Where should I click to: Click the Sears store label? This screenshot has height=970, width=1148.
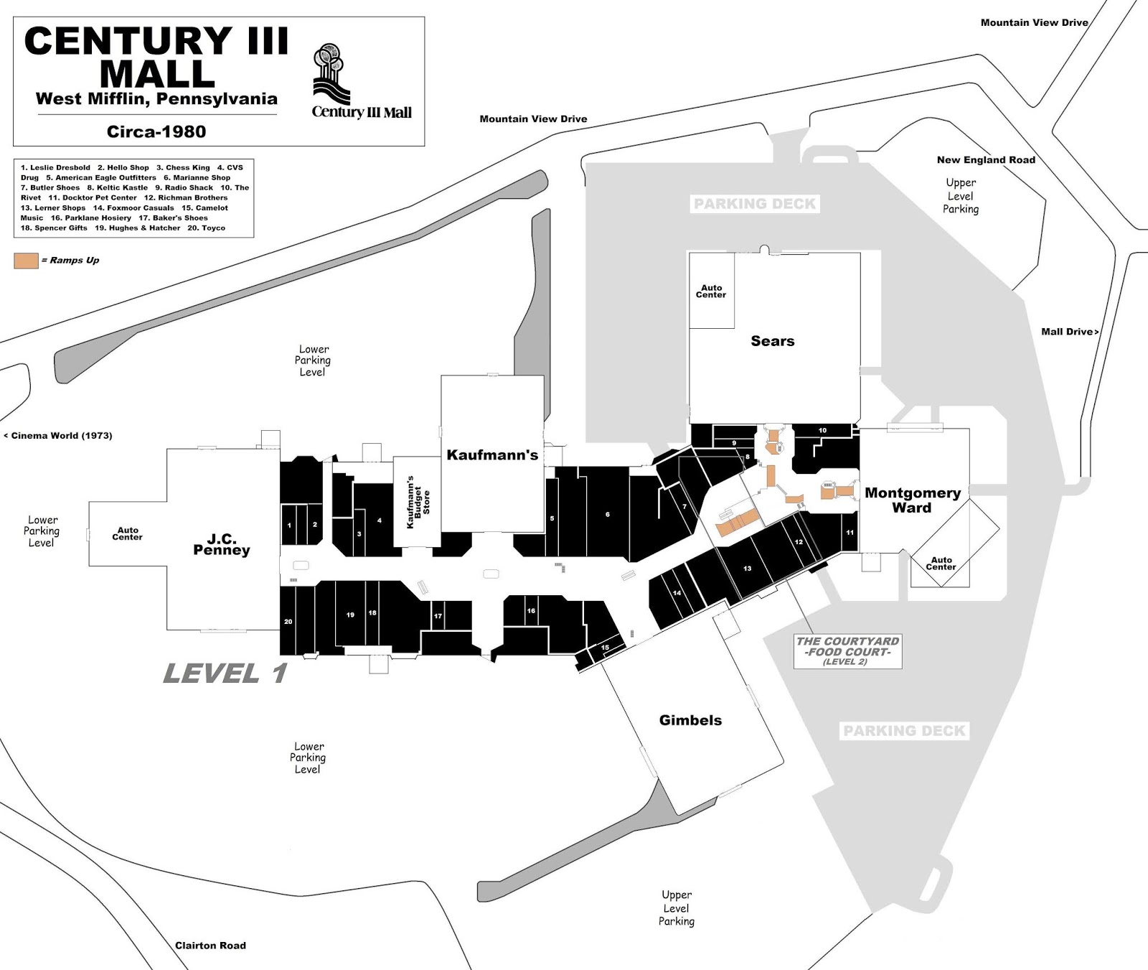772,341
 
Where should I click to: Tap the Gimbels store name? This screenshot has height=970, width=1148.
690,720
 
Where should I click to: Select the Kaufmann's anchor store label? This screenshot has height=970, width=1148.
492,454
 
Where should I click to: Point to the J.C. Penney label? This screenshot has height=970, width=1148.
221,544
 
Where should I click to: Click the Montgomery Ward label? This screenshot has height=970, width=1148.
912,500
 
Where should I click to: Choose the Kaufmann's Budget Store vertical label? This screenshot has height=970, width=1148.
418,502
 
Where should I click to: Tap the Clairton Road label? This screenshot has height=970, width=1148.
210,946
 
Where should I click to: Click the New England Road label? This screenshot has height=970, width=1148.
986,160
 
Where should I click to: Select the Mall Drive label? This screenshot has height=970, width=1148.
1069,332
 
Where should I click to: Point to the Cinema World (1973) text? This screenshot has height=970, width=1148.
58,435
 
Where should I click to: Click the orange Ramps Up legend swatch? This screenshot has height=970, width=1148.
26,261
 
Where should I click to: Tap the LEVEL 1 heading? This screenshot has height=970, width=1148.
225,673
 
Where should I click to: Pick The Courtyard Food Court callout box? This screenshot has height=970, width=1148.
847,651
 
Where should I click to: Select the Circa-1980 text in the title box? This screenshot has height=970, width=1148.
156,131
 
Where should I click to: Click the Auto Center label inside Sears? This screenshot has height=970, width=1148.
710,292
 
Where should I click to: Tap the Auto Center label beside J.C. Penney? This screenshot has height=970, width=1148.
127,533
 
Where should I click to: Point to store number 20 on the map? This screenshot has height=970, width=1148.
288,622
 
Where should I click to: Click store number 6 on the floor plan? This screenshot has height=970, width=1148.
607,515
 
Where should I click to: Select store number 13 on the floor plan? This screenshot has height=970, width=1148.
747,569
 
